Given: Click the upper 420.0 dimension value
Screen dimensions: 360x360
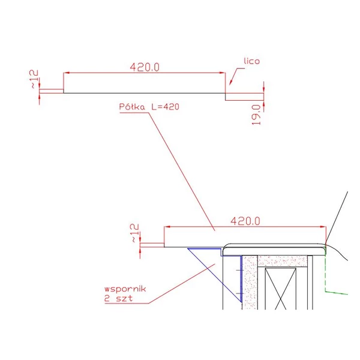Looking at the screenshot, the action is [x=145, y=67].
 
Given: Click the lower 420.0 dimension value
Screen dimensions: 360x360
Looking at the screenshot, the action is [x=245, y=221].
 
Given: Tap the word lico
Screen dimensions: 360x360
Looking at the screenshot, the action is [x=251, y=61].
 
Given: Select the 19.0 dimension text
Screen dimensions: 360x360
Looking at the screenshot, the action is [x=256, y=115].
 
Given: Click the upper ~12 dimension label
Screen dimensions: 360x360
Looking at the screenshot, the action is [x=34, y=79].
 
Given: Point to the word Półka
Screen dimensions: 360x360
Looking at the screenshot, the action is [x=132, y=107].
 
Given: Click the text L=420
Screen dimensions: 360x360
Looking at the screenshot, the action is [x=165, y=107].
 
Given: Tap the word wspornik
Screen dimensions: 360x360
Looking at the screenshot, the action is [x=125, y=289].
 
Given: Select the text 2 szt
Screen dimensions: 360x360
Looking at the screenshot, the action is [x=118, y=298].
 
